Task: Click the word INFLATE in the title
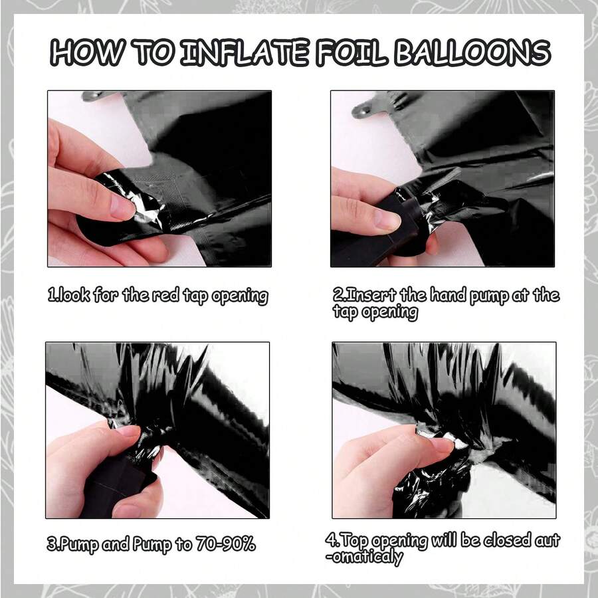click(245, 52)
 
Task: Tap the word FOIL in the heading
click(352, 52)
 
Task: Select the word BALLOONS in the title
click(472, 52)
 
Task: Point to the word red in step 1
click(166, 295)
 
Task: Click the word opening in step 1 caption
click(240, 297)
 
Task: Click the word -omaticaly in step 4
click(364, 557)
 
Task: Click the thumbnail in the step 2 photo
click(387, 221)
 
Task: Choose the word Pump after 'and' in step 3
click(151, 545)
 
